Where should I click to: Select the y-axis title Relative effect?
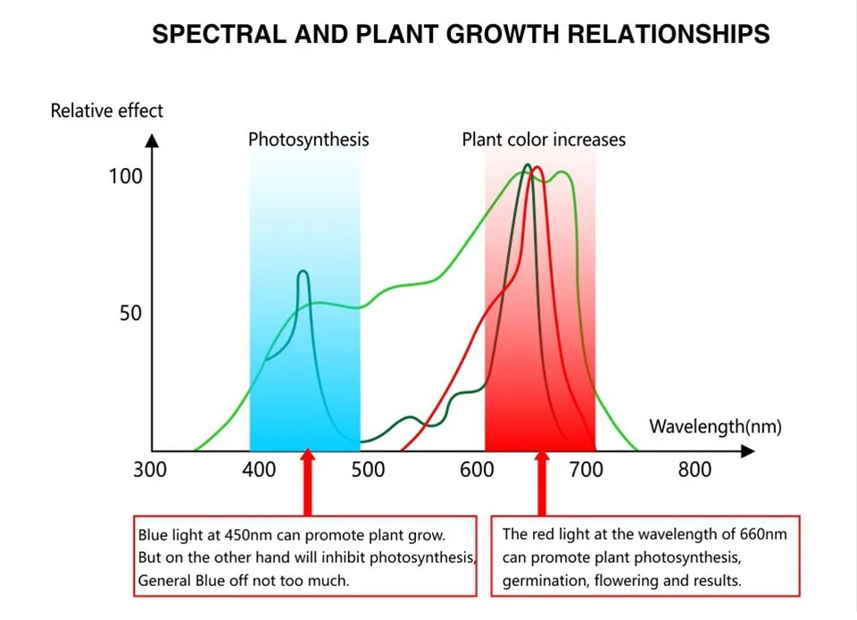[x=107, y=111]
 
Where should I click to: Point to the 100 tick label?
[x=126, y=176]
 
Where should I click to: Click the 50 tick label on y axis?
[x=131, y=314]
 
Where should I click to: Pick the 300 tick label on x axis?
[x=150, y=470]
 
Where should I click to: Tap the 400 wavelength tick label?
[x=260, y=470]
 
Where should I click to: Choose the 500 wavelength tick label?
[x=369, y=470]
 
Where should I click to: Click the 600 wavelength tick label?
[x=478, y=470]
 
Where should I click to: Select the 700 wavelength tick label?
[x=587, y=470]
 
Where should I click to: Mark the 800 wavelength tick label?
[x=695, y=470]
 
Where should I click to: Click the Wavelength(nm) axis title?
[x=715, y=426]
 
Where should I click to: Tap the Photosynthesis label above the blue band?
[x=308, y=139]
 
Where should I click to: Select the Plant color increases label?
[x=544, y=139]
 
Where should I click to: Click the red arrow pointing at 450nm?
[x=308, y=482]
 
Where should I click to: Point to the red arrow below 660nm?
[x=541, y=482]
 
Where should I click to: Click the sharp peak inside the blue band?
[x=303, y=272]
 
